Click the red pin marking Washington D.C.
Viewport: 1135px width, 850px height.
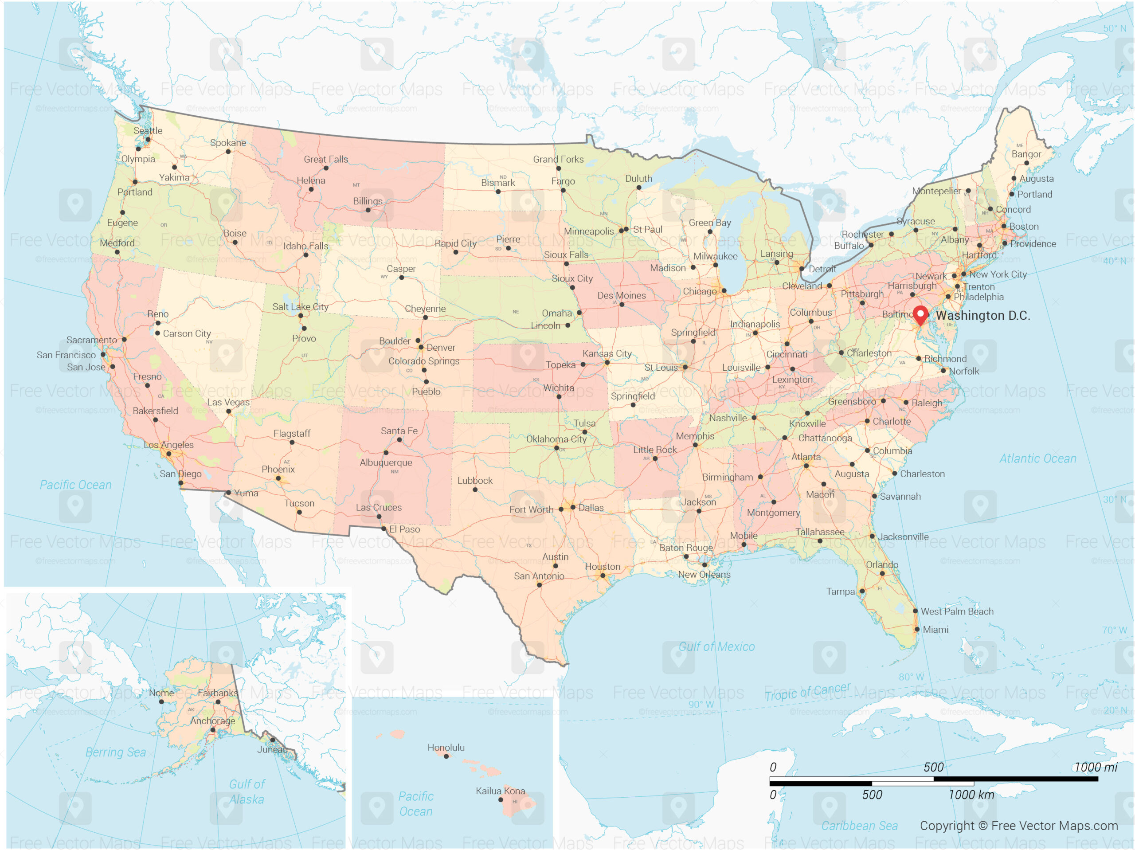[920, 313]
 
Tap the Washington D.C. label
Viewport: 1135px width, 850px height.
[982, 315]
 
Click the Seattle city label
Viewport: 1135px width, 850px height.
[148, 130]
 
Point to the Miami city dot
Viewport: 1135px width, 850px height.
[917, 629]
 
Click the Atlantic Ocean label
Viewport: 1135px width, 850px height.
[1037, 458]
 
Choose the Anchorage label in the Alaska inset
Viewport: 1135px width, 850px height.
[212, 721]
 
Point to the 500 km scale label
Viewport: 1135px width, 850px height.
[872, 795]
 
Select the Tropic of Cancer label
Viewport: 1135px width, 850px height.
[807, 691]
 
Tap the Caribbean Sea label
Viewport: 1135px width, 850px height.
[860, 825]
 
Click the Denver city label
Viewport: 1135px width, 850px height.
[440, 348]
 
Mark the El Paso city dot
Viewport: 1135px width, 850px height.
[384, 528]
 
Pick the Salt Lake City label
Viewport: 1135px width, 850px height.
[300, 306]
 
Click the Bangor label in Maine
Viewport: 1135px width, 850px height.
[1026, 154]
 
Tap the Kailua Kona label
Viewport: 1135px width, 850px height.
[500, 791]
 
